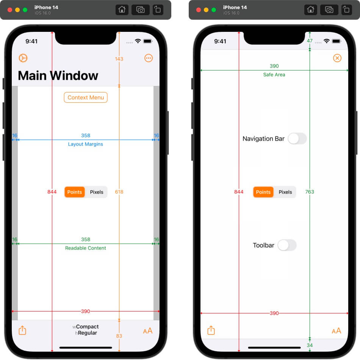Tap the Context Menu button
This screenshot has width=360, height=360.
coord(86,97)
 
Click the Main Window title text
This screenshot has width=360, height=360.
coord(58,76)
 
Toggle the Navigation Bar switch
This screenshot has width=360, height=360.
coord(297,139)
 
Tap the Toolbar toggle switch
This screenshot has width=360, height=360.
coord(287,245)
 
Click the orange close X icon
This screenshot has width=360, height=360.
coord(337,58)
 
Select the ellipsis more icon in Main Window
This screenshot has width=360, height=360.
coord(149,58)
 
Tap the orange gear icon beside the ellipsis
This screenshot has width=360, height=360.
coord(23,58)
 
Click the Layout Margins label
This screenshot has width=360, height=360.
coord(86,144)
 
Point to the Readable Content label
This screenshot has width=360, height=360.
coord(86,248)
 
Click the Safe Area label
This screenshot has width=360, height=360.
coord(274,75)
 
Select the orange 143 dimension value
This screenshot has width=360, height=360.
coord(119,59)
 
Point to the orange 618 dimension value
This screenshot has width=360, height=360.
coord(119,192)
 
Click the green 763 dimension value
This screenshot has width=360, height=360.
coord(310,192)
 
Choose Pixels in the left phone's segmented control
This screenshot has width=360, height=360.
coord(97,192)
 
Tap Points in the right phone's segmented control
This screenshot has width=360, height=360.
coord(263,192)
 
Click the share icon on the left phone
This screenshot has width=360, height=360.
coord(22,330)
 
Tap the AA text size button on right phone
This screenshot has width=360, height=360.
coord(337,331)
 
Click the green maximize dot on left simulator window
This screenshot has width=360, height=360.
coord(25,10)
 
